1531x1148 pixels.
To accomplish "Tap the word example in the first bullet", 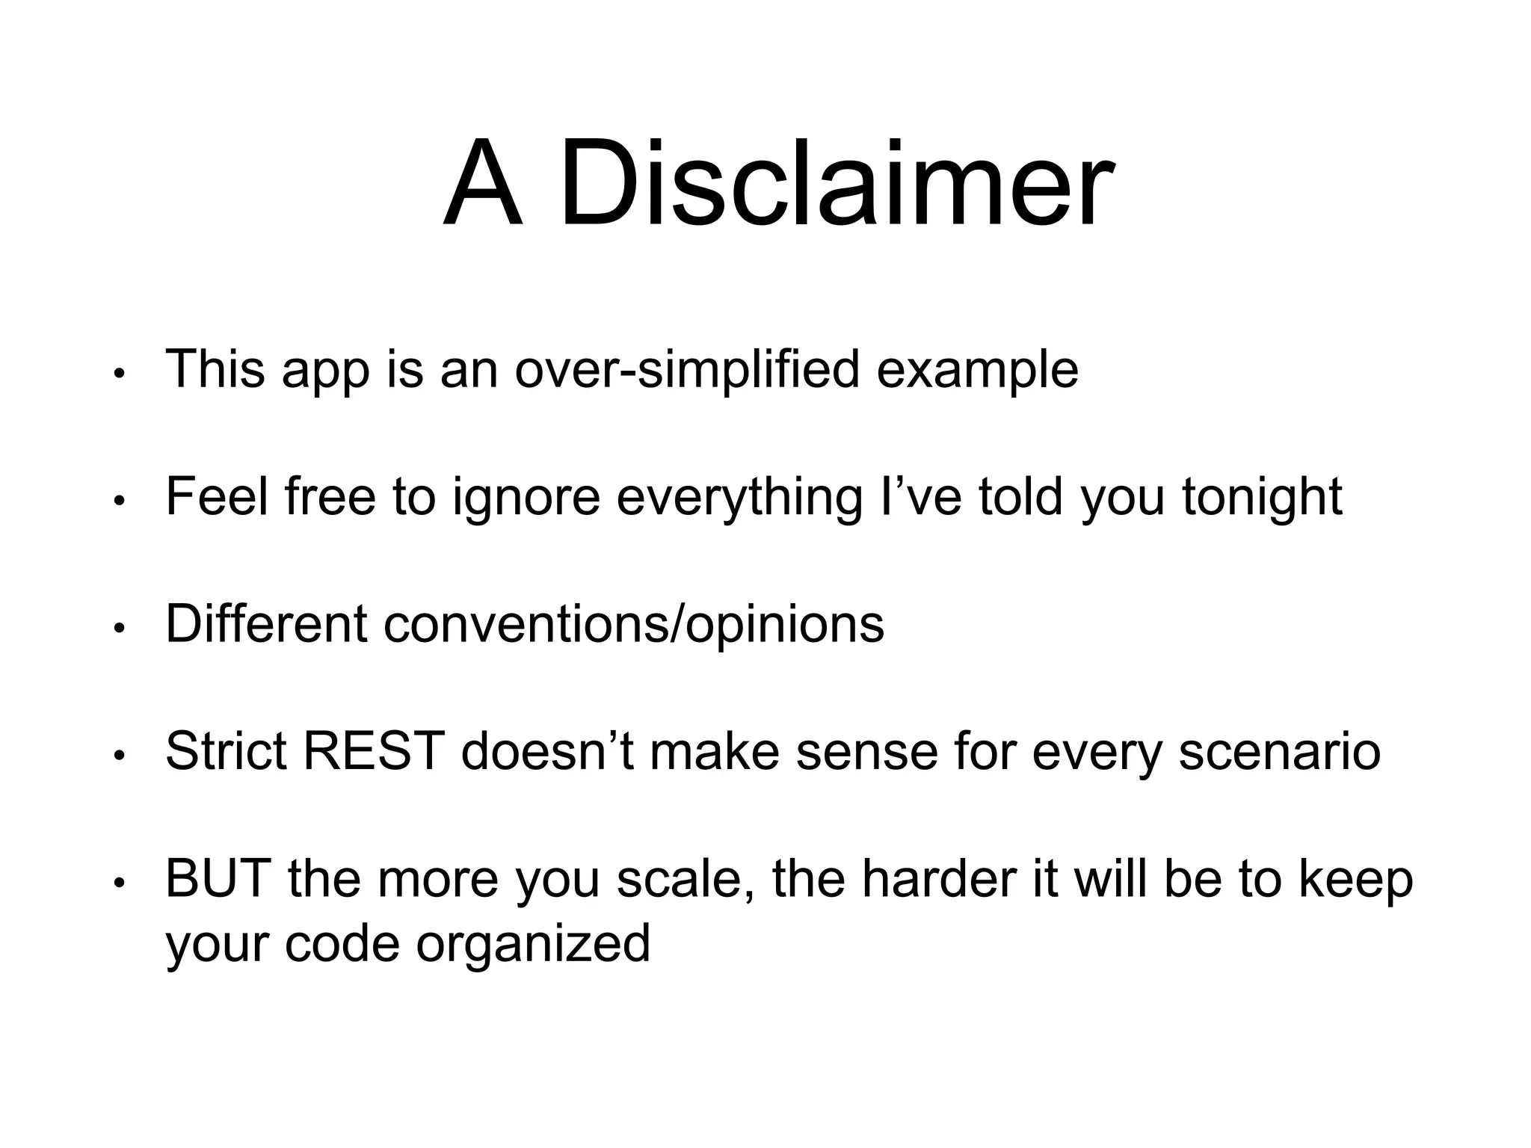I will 977,369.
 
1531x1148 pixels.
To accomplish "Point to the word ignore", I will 526,496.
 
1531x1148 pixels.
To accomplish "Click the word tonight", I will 1262,496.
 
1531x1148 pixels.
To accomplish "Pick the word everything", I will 739,496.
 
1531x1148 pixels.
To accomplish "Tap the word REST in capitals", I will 374,750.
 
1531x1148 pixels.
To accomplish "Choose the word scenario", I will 1279,750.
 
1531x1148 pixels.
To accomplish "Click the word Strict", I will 226,750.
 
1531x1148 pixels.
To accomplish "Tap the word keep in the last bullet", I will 1355,878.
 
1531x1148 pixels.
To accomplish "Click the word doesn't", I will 547,750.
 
